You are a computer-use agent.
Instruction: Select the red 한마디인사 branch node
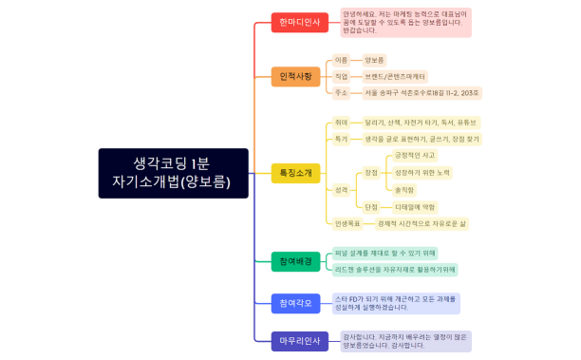tap(296, 21)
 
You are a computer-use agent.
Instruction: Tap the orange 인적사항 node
tap(295, 76)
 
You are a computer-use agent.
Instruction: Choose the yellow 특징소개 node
tap(295, 173)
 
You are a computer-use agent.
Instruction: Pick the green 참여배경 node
tap(295, 261)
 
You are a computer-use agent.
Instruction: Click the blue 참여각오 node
tap(295, 303)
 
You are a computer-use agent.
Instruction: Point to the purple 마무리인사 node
tap(296, 340)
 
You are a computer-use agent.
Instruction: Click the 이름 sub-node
tap(342, 60)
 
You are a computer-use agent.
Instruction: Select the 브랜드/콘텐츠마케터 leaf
tap(396, 76)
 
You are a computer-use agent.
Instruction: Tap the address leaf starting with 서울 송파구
tap(422, 93)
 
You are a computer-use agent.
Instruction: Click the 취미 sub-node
tap(342, 123)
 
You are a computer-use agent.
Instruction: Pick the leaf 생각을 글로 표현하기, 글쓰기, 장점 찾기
tap(422, 139)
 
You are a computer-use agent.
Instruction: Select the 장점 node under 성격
tap(370, 172)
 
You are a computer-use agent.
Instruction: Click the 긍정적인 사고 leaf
tap(415, 155)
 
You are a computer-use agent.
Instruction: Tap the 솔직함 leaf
tap(404, 189)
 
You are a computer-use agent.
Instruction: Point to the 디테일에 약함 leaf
tap(415, 206)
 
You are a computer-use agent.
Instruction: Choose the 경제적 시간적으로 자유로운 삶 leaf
tap(422, 223)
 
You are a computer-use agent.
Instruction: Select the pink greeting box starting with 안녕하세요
tap(405, 21)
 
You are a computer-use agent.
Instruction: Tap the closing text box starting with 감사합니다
tap(405, 340)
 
